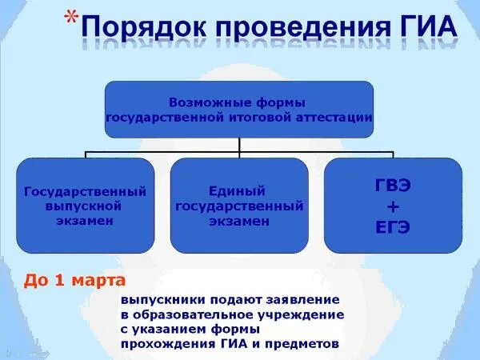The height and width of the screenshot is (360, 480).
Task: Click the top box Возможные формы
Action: pos(239,110)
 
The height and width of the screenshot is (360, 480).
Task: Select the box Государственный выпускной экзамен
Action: pos(86,206)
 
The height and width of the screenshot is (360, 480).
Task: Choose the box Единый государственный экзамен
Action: pos(239,206)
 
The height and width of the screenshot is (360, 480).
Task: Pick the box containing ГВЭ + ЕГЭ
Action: pos(393,206)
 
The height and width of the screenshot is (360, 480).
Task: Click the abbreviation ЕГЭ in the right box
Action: pos(393,226)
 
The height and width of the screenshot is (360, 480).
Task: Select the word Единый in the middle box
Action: pos(239,191)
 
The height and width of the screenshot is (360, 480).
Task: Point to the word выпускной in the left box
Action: pos(86,206)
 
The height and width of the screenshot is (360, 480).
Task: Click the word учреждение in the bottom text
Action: pos(305,314)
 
